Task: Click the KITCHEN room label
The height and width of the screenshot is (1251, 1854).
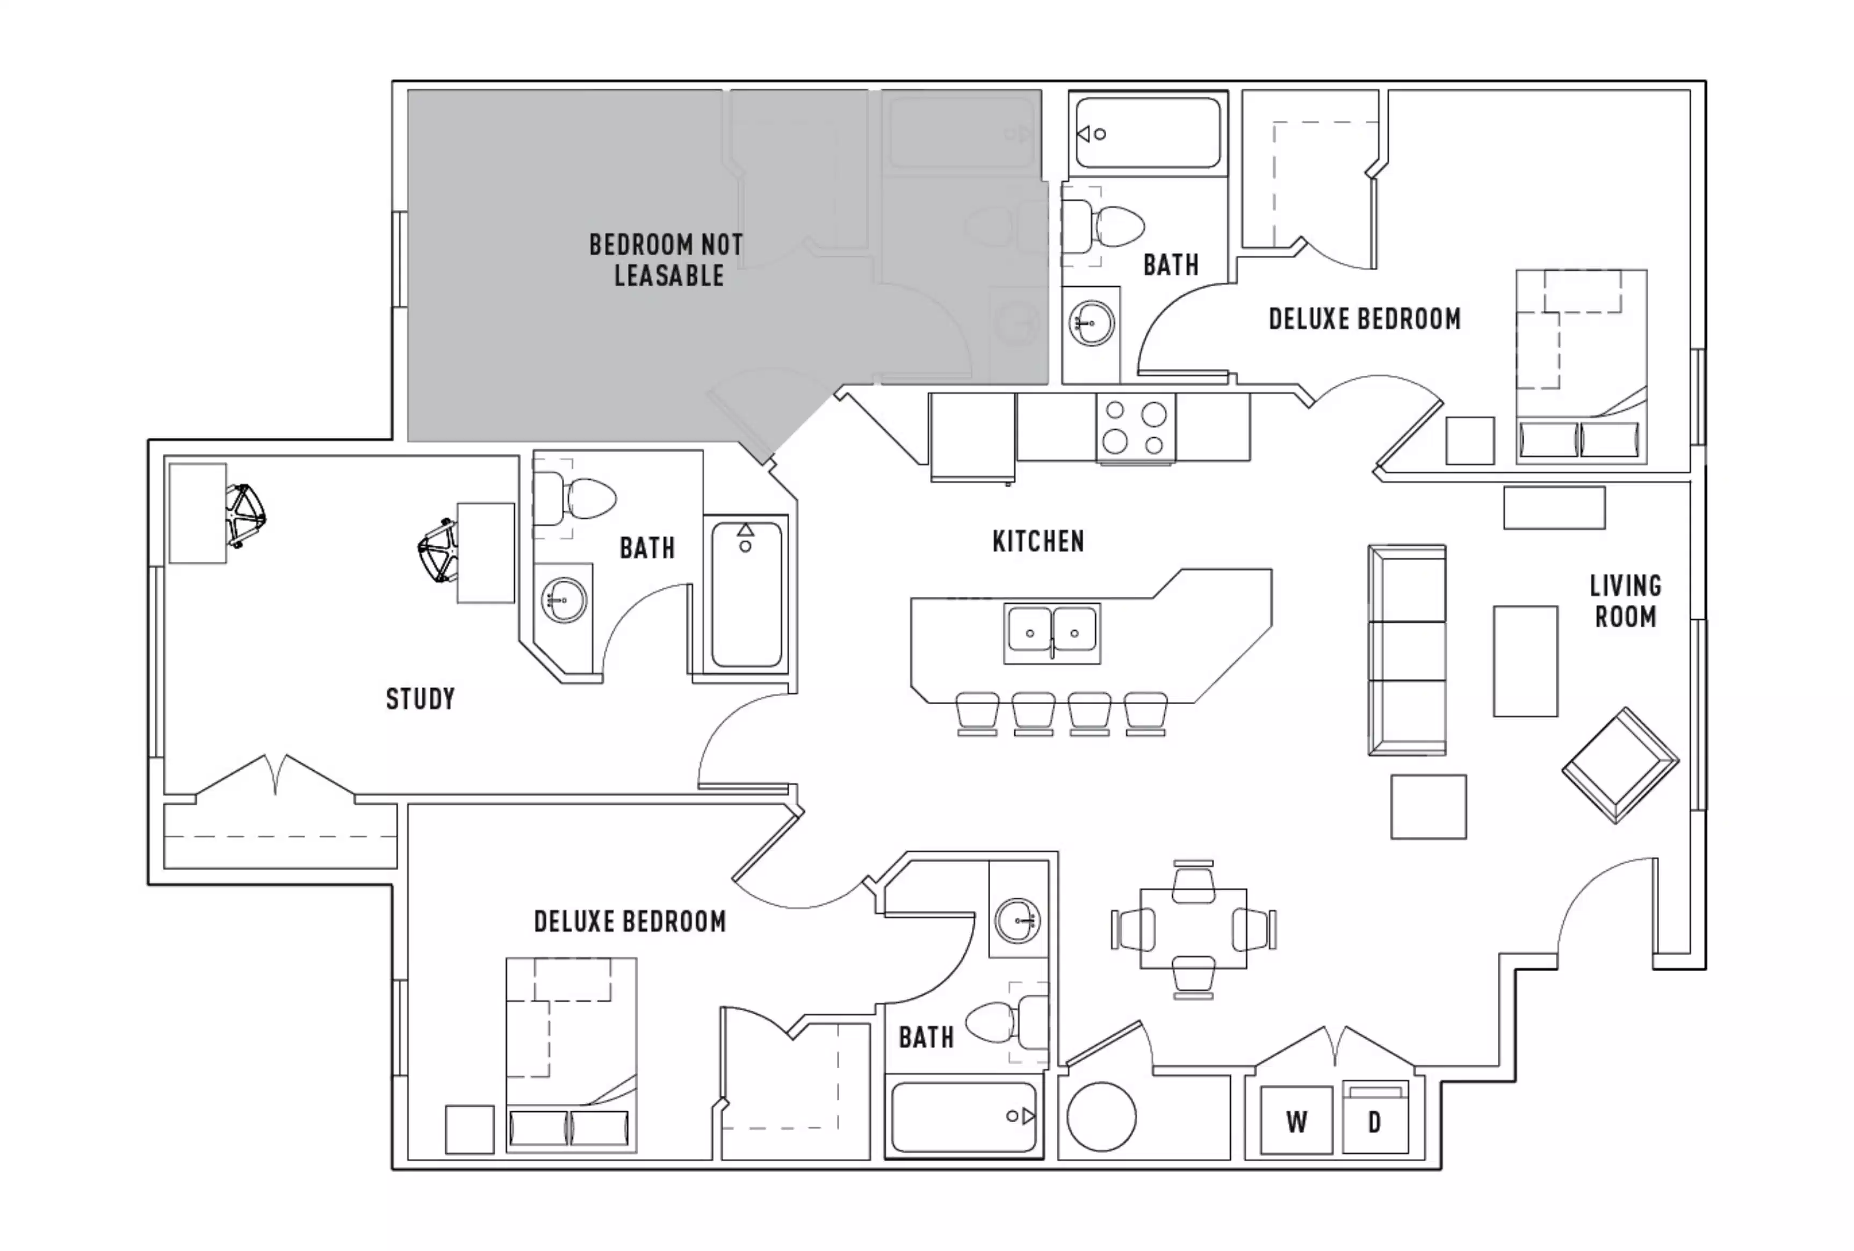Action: click(x=1038, y=542)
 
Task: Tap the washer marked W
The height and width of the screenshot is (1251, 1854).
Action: click(x=1296, y=1122)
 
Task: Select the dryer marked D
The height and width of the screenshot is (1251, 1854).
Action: click(x=1375, y=1122)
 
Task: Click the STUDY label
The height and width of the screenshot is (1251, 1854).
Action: click(x=421, y=699)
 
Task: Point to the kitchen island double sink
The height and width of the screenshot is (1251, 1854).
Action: click(x=1052, y=633)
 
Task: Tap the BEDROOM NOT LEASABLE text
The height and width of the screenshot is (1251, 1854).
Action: click(x=666, y=260)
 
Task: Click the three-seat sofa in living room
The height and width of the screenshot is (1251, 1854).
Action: click(x=1407, y=650)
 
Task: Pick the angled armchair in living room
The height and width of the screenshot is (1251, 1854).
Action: click(x=1619, y=764)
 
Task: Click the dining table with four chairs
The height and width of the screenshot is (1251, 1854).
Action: click(x=1193, y=929)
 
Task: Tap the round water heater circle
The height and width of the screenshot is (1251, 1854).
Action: click(x=1101, y=1116)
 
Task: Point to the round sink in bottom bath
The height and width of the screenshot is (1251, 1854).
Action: click(x=1018, y=920)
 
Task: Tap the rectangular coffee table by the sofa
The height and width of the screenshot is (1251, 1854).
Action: click(x=1525, y=661)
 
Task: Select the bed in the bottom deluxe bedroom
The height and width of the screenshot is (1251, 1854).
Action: click(x=571, y=1055)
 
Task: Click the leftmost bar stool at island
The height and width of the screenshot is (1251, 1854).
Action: click(x=977, y=712)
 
